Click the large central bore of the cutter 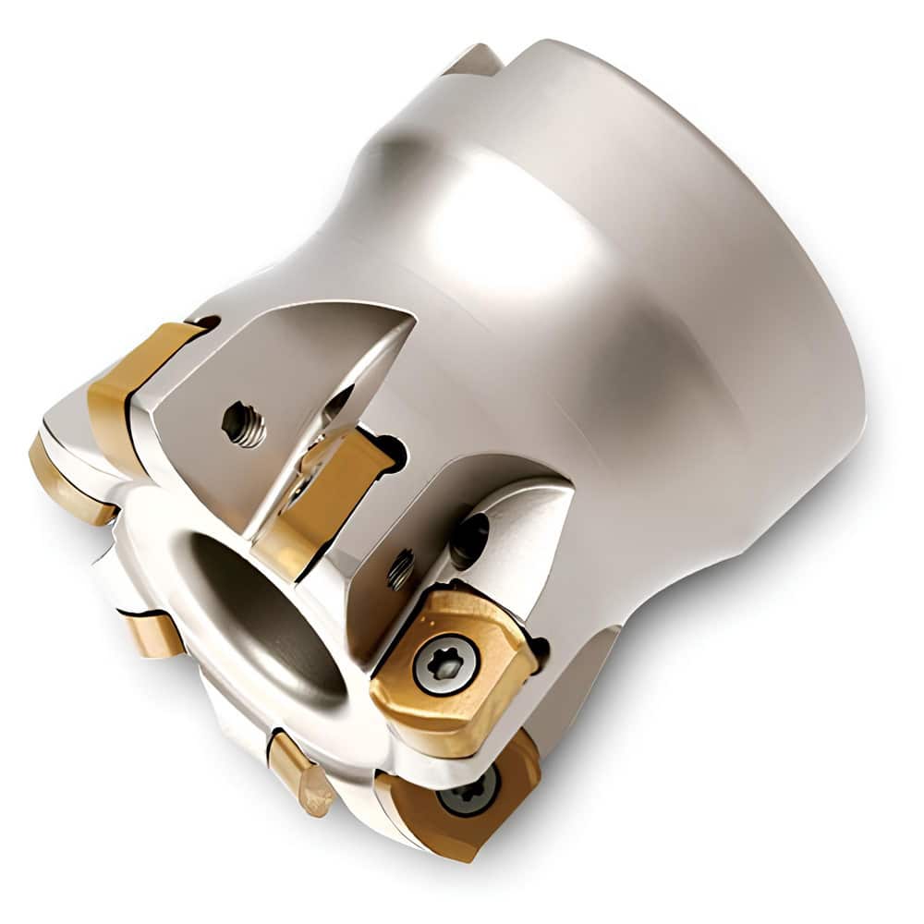coord(268,610)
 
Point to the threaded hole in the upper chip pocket coord(244,426)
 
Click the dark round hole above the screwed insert coord(471,533)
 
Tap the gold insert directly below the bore coord(300,772)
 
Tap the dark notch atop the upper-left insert coord(208,322)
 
